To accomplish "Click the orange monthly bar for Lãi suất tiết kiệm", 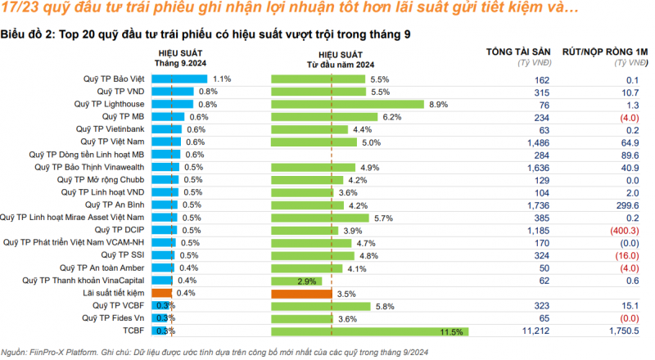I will pyautogui.click(x=161, y=293).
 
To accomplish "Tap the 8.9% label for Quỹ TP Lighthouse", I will pyautogui.click(x=438, y=105).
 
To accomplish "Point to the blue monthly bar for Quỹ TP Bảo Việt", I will pyautogui.click(x=179, y=79).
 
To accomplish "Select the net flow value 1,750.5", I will pyautogui.click(x=618, y=331).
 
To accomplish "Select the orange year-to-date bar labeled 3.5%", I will pyautogui.click(x=301, y=293).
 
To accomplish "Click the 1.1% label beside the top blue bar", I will pyautogui.click(x=222, y=79).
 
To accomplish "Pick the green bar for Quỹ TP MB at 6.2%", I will pyautogui.click(x=324, y=117).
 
